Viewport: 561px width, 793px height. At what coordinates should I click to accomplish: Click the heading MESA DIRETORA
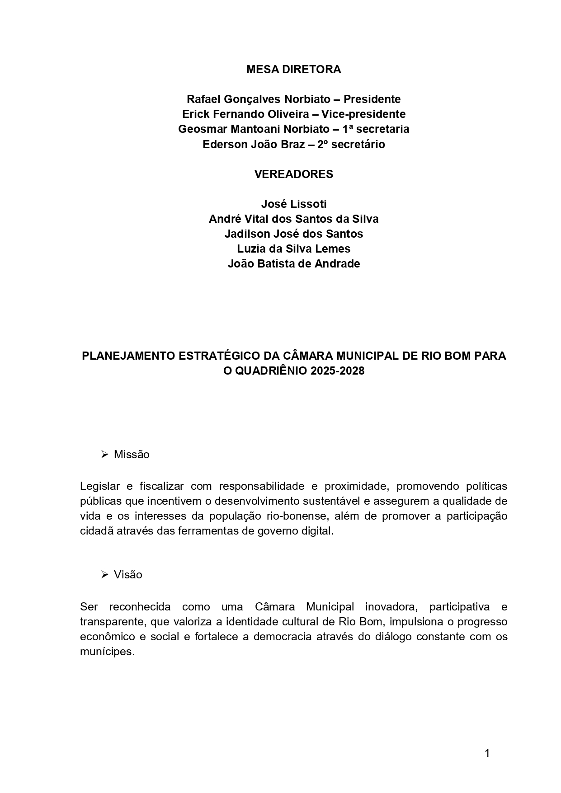293,70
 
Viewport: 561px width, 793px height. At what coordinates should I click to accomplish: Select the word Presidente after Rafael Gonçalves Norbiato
372,99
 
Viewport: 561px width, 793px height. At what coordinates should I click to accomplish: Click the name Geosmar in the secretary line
202,129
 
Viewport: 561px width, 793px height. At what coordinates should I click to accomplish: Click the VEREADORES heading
293,174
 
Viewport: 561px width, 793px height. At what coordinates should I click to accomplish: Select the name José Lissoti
293,204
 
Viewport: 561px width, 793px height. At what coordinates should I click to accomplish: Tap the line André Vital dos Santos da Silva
293,219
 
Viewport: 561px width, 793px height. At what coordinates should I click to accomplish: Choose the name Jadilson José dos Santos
293,234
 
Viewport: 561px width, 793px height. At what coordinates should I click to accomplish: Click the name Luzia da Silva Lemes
293,249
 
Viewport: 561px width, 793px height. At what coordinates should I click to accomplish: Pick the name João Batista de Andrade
293,263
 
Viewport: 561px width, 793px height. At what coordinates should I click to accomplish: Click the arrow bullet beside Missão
104,454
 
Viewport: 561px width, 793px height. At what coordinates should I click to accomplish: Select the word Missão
132,455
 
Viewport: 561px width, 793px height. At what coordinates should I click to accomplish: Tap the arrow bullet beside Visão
104,574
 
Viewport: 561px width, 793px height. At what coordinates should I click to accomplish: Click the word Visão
128,575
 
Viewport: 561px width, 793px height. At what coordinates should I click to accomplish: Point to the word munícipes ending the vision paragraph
107,652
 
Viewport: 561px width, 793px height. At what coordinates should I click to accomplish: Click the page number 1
487,753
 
